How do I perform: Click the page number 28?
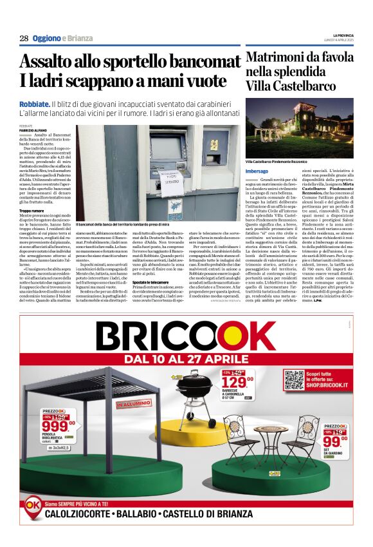(x=24, y=38)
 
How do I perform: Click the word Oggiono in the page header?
(x=47, y=38)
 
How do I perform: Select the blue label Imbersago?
(x=257, y=171)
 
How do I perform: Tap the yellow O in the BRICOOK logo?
(x=221, y=336)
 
